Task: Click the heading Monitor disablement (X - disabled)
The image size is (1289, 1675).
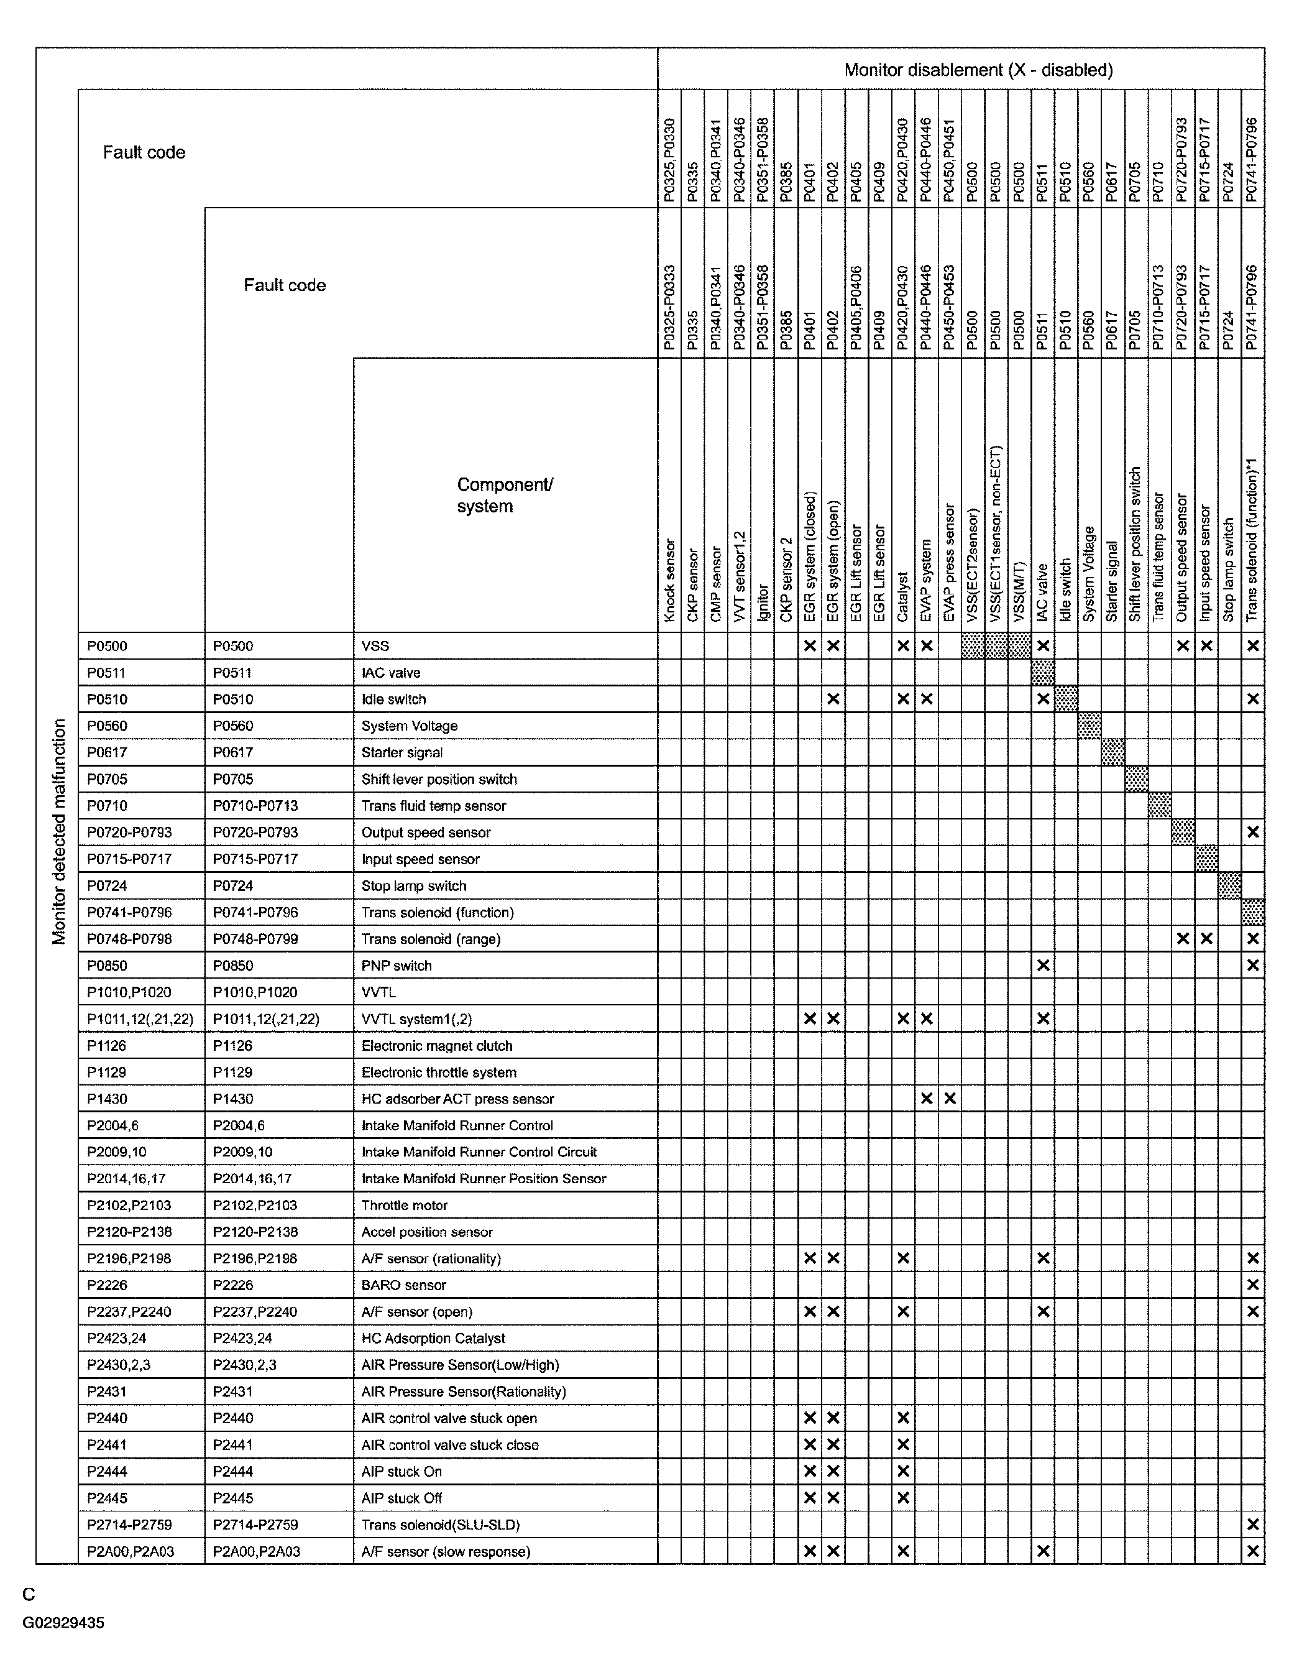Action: coord(978,70)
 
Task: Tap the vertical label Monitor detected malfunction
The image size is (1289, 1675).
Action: coord(59,831)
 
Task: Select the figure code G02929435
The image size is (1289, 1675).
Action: coord(63,1622)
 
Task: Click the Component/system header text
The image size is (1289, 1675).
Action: coord(505,496)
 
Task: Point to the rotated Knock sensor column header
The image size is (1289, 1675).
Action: coord(669,580)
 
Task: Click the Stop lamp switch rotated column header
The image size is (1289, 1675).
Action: coord(1229,570)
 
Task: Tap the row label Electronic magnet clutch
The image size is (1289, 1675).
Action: coord(436,1045)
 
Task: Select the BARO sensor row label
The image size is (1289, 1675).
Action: coord(403,1285)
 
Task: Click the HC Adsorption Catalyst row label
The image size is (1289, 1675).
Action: coord(433,1337)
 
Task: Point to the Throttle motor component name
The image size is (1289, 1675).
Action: coord(404,1205)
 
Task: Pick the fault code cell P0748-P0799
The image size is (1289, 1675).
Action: coord(255,939)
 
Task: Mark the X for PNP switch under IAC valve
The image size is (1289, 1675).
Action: coord(1043,966)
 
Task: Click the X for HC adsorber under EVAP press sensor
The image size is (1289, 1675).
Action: coord(949,1098)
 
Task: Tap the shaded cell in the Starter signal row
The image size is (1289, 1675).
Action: coord(1112,752)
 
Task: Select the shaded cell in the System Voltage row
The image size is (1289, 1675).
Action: coord(1089,726)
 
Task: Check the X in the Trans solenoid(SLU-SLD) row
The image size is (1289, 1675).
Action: coord(1252,1524)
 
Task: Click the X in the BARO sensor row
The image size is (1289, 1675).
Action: coord(1252,1285)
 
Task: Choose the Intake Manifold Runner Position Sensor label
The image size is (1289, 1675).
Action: coord(483,1178)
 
